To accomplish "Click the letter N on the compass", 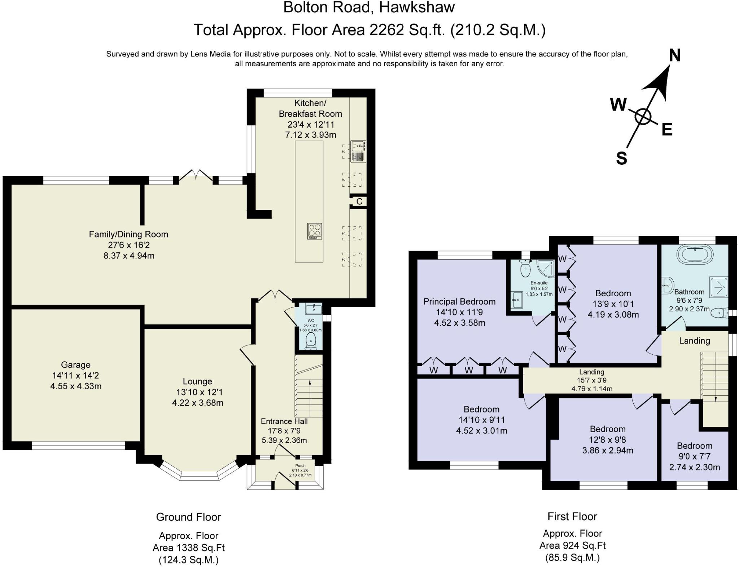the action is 675,55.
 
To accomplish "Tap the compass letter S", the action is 621,158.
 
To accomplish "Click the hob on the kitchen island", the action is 314,231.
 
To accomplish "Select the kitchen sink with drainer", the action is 358,151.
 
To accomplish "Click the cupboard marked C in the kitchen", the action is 359,201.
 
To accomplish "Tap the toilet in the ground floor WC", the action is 311,341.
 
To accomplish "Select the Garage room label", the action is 75,365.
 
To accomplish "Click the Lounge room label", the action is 197,381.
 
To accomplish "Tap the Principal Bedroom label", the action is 459,302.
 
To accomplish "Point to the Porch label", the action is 300,466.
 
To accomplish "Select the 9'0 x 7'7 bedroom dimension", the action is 695,456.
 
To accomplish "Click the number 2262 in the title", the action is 386,30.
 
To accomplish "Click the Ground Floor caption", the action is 188,517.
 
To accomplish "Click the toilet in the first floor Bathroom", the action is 719,313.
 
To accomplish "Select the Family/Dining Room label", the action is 128,234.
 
